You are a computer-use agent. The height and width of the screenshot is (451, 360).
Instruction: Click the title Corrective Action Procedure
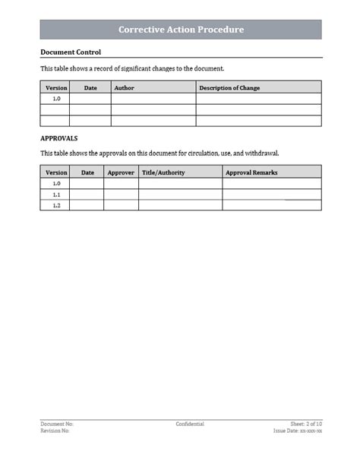tap(181, 30)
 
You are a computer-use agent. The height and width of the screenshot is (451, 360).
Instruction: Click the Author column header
tap(124, 88)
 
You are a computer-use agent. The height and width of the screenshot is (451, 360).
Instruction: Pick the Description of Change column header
tap(229, 88)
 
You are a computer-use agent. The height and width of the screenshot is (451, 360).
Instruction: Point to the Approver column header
tap(121, 172)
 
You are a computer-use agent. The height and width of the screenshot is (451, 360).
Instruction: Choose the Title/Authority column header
tap(163, 172)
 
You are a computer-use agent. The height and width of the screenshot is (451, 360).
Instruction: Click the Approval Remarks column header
tap(251, 172)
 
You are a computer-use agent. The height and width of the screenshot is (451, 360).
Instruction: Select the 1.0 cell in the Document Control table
tap(55, 99)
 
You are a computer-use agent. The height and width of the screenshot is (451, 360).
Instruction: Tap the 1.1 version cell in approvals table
tap(55, 194)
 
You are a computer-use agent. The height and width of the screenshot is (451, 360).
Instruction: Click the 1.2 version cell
tap(55, 206)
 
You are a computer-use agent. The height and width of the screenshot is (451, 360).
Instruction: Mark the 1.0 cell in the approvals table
tap(55, 184)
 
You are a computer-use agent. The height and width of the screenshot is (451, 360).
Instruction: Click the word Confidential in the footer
tap(190, 424)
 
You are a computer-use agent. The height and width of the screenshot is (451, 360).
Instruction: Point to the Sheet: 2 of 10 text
tap(306, 424)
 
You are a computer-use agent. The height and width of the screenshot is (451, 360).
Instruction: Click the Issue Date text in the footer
tap(298, 430)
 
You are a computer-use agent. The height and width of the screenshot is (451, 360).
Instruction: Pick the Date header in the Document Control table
tap(90, 88)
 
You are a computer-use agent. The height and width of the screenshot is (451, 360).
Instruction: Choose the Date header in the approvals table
tap(87, 172)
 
